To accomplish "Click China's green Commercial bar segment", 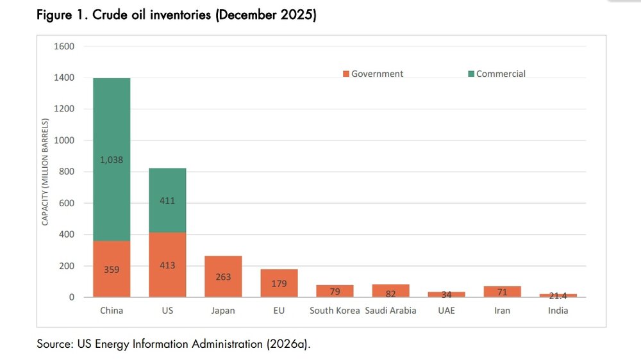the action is coord(112,160).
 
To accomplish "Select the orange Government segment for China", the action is coord(112,269).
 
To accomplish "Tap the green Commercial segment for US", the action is coord(167,200).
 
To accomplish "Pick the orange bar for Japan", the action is coord(223,277).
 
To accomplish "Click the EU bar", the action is coord(279,283).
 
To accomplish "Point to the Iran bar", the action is coord(502,291).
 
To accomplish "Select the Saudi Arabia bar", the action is coord(390,291).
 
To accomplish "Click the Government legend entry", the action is coord(373,74).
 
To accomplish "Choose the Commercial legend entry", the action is coord(497,74).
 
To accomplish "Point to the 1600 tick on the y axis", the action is coord(64,46).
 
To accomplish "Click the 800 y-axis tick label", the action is coord(67,172).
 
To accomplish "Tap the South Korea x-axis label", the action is coord(335,311).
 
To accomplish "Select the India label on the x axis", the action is coord(558,311).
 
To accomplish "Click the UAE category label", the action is coord(446,311).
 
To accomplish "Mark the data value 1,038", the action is coord(112,160).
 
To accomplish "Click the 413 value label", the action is coord(167,265).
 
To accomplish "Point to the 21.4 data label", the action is coord(558,296).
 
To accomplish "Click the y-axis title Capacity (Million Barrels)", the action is coord(45,172).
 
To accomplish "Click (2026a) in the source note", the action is coord(288,344).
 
